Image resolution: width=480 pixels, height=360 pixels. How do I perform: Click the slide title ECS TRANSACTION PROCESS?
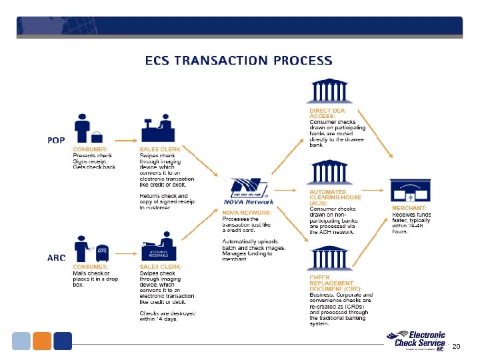pyautogui.click(x=239, y=61)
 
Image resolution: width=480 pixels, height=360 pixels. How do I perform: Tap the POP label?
pyautogui.click(x=56, y=140)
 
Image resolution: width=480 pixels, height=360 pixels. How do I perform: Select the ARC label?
pyautogui.click(x=56, y=257)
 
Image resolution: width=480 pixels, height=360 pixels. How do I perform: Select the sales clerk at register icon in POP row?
pyautogui.click(x=157, y=129)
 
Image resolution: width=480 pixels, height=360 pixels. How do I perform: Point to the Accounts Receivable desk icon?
pyautogui.click(x=159, y=249)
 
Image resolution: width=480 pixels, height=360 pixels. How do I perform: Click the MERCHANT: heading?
pyautogui.click(x=409, y=209)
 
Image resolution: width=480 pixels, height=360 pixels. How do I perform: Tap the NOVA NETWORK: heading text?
pyautogui.click(x=247, y=213)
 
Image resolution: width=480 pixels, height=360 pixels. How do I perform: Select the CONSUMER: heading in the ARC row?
pyautogui.click(x=91, y=267)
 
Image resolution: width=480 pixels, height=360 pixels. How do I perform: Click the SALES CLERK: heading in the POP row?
pyautogui.click(x=160, y=149)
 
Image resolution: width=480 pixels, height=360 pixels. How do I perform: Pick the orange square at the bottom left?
pyautogui.click(x=41, y=341)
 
